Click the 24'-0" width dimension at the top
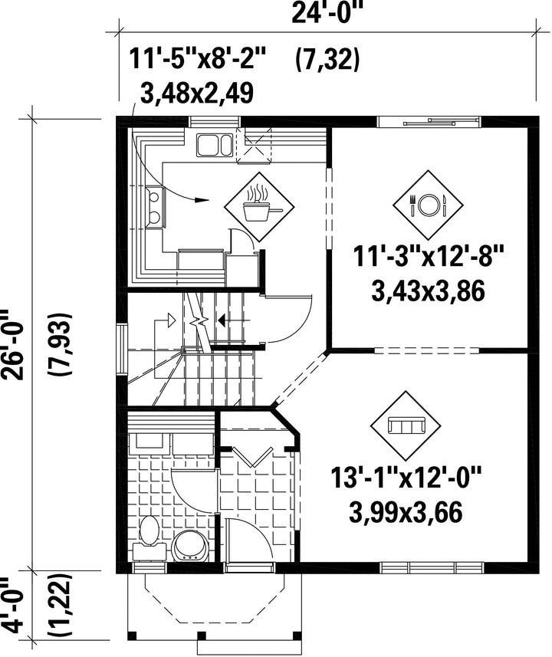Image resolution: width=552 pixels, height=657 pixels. [326, 12]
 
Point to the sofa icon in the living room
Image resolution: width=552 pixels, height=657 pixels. [406, 425]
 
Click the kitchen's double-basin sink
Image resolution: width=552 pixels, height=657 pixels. [214, 145]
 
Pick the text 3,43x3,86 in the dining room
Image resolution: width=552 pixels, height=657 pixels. [428, 291]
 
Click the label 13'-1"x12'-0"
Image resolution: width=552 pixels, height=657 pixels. [406, 478]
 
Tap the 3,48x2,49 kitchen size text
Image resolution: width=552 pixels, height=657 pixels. [197, 93]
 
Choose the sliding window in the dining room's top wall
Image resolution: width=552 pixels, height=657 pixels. [429, 122]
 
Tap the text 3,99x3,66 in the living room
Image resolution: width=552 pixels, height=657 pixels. [406, 512]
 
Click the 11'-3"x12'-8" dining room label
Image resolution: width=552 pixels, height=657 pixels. [428, 255]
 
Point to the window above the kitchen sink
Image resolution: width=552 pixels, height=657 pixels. [215, 122]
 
